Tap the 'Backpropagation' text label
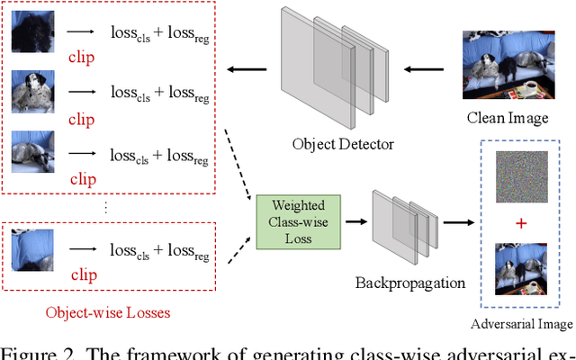[x=409, y=283]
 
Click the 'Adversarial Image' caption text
[x=522, y=324]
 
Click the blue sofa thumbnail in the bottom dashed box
[x=32, y=249]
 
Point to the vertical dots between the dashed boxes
[x=106, y=206]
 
